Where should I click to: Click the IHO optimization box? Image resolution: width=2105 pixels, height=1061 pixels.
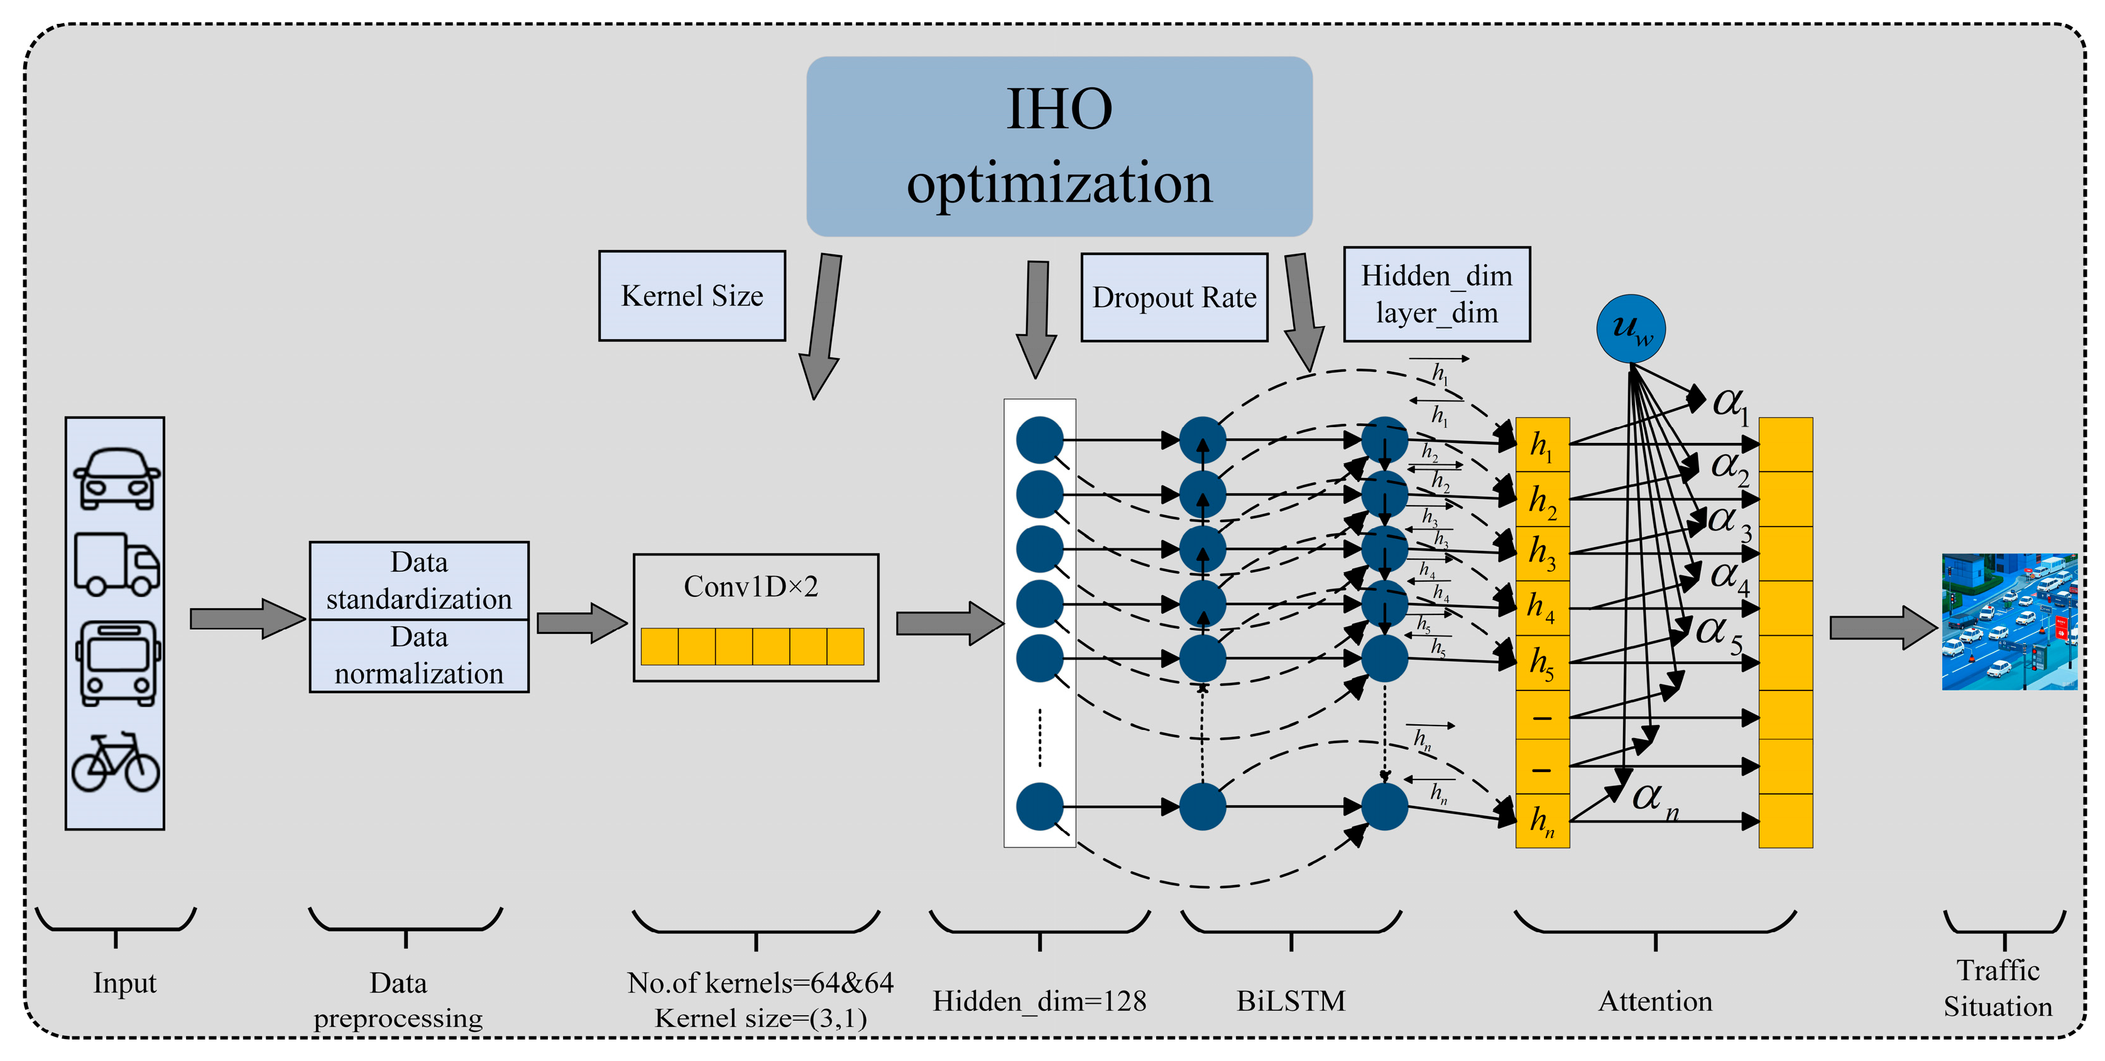(x=1059, y=146)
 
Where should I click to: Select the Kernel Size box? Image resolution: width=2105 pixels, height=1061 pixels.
(x=692, y=296)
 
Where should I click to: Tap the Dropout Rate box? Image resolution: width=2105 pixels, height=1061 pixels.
(x=1174, y=297)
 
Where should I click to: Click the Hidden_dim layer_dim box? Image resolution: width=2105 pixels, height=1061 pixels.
(x=1436, y=294)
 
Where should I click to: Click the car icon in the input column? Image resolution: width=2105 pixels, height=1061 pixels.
(x=116, y=479)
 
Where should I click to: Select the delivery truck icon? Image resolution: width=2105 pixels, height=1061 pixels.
(x=116, y=563)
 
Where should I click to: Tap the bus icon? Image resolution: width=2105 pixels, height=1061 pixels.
(x=118, y=662)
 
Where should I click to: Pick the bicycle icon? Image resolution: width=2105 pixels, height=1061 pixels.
(x=115, y=762)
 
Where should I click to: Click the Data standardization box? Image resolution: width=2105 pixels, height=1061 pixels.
(x=419, y=580)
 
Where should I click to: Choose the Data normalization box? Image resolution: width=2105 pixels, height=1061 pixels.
(x=419, y=656)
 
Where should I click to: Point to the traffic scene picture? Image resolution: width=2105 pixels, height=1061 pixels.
(x=2009, y=621)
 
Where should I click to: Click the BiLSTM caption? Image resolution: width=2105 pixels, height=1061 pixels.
(x=1290, y=1001)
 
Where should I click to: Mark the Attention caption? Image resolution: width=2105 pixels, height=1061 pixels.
(x=1654, y=1001)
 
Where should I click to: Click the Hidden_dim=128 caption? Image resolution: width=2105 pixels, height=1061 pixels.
(x=1039, y=1001)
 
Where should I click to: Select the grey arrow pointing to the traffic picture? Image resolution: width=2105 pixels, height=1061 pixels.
(x=1883, y=628)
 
